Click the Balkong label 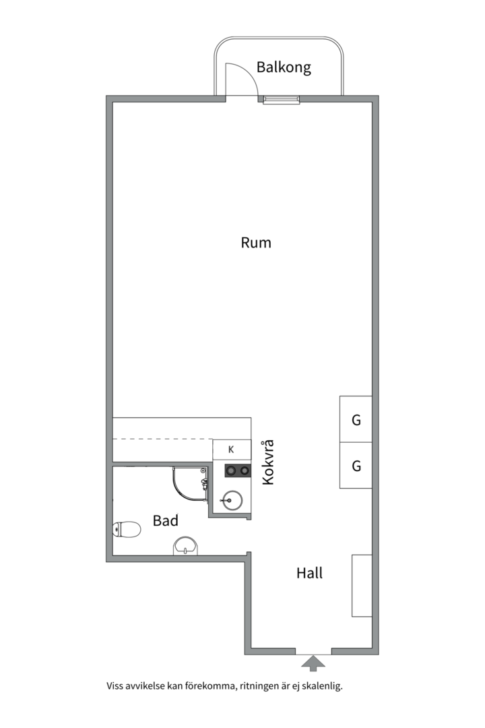(x=284, y=68)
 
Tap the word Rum (x=256, y=243)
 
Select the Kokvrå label (x=268, y=462)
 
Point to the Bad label (x=165, y=520)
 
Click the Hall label (x=310, y=573)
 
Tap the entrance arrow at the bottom (x=313, y=663)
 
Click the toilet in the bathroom (x=127, y=529)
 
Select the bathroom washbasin (x=185, y=547)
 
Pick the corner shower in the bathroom (x=190, y=484)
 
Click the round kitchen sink (x=232, y=500)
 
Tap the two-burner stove (x=238, y=471)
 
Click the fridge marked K (x=232, y=450)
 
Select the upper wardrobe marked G (x=356, y=419)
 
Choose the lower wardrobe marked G (x=356, y=465)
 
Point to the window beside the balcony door (x=282, y=99)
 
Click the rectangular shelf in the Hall (x=362, y=586)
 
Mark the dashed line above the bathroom (x=163, y=439)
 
